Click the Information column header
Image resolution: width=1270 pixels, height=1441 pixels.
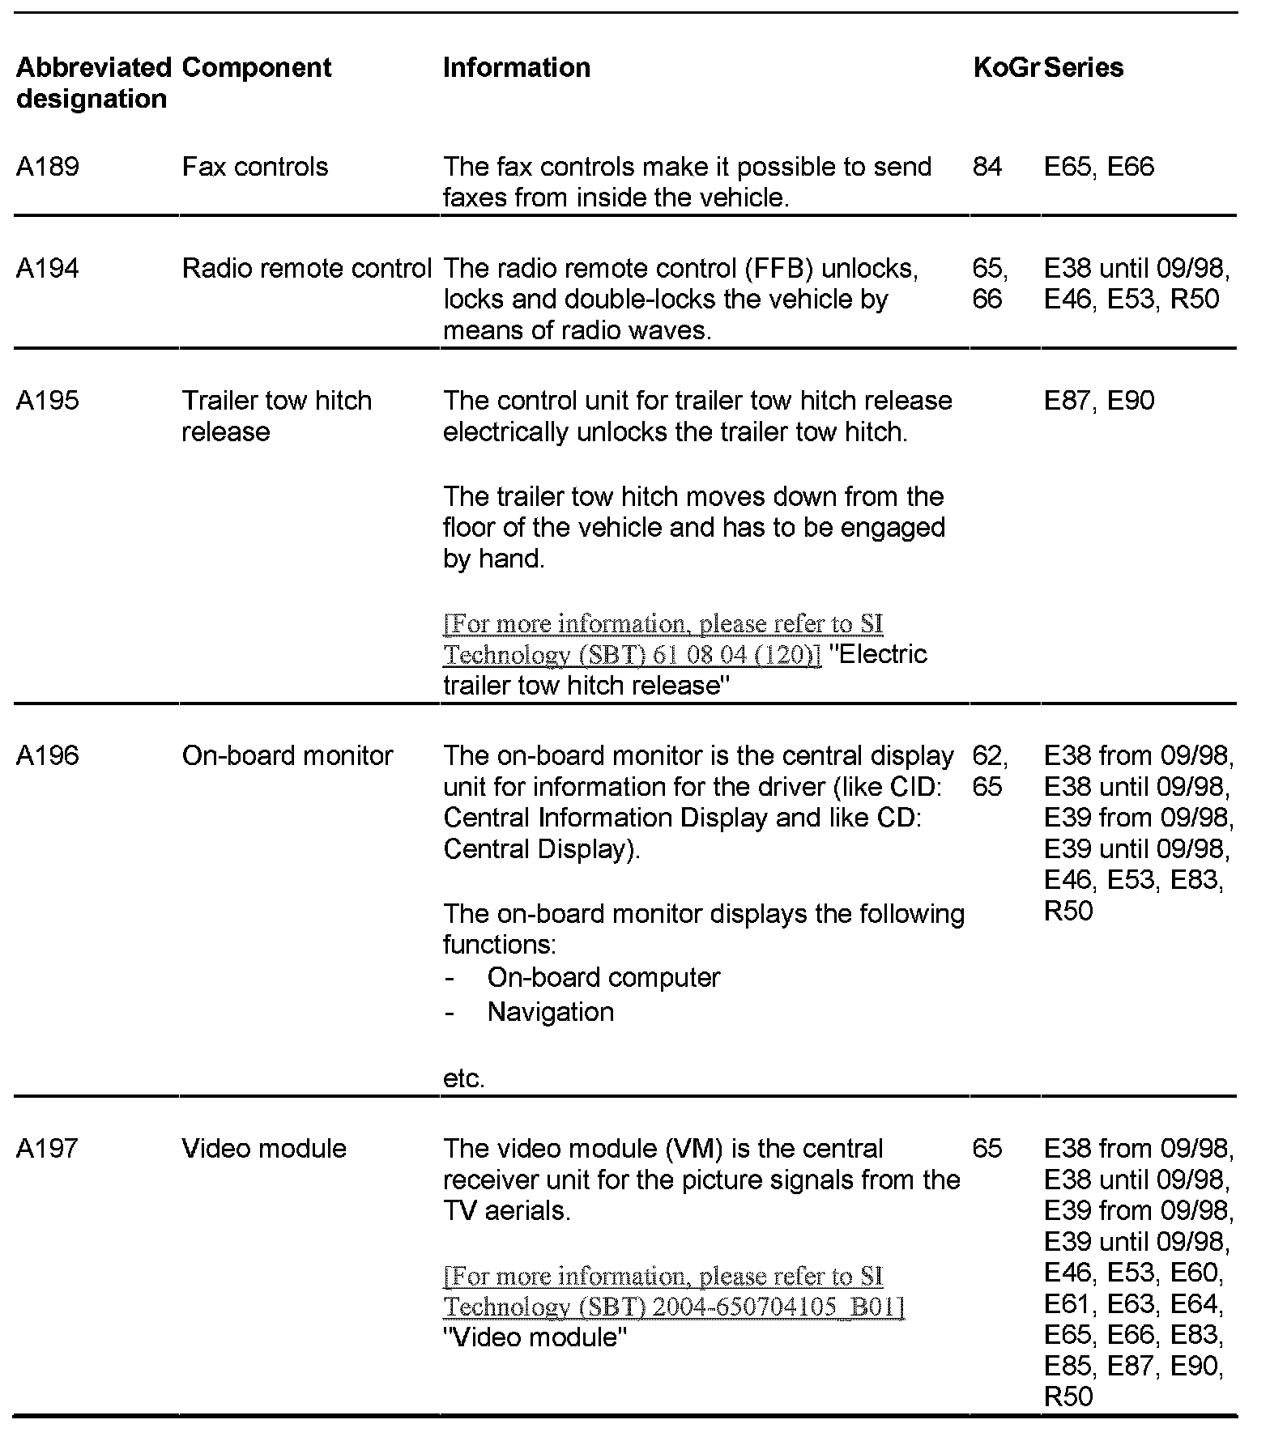click(516, 67)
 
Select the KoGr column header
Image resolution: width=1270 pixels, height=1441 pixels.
click(1005, 67)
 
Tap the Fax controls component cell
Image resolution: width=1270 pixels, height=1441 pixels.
click(255, 167)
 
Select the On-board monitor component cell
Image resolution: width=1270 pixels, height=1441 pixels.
click(288, 755)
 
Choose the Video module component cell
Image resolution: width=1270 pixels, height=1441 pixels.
click(264, 1148)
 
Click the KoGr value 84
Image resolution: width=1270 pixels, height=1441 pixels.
click(987, 167)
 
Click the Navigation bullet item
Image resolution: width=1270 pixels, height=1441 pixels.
click(551, 1012)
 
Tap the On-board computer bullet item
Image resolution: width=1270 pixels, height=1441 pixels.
click(603, 978)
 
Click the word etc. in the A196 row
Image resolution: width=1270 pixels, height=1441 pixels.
click(463, 1079)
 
